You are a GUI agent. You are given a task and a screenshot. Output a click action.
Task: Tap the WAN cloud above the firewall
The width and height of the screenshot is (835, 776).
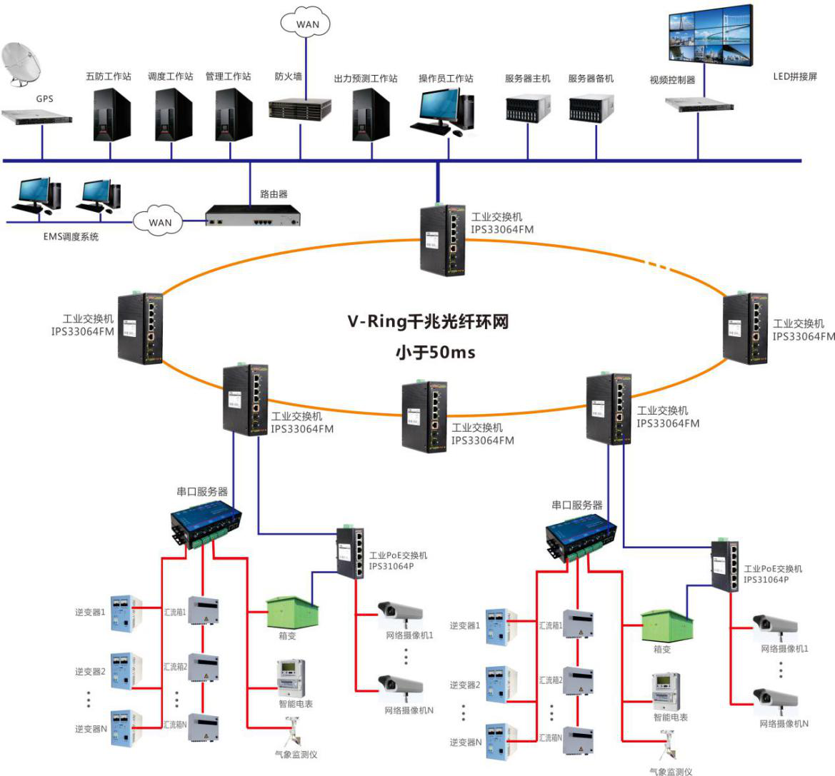(x=307, y=24)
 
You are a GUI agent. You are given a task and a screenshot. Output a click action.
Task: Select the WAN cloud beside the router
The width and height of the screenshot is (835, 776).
(x=160, y=222)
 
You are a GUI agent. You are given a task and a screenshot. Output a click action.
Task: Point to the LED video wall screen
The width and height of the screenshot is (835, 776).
(x=710, y=36)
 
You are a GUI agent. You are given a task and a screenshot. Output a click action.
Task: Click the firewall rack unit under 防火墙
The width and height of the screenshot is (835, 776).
(x=300, y=109)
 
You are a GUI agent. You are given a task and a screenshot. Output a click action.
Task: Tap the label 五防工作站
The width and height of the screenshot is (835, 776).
(x=109, y=76)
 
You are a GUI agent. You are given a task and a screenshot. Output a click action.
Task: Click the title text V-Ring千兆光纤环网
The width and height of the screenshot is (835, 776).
(x=428, y=322)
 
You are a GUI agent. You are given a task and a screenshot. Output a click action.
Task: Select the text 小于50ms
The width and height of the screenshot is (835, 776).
(x=435, y=352)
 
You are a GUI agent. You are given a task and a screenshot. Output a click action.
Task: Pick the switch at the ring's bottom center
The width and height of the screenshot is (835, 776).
(x=424, y=416)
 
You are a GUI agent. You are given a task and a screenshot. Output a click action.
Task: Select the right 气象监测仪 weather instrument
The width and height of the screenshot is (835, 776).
(x=669, y=746)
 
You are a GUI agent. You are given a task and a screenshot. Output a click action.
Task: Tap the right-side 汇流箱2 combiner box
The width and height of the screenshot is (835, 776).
(x=578, y=681)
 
